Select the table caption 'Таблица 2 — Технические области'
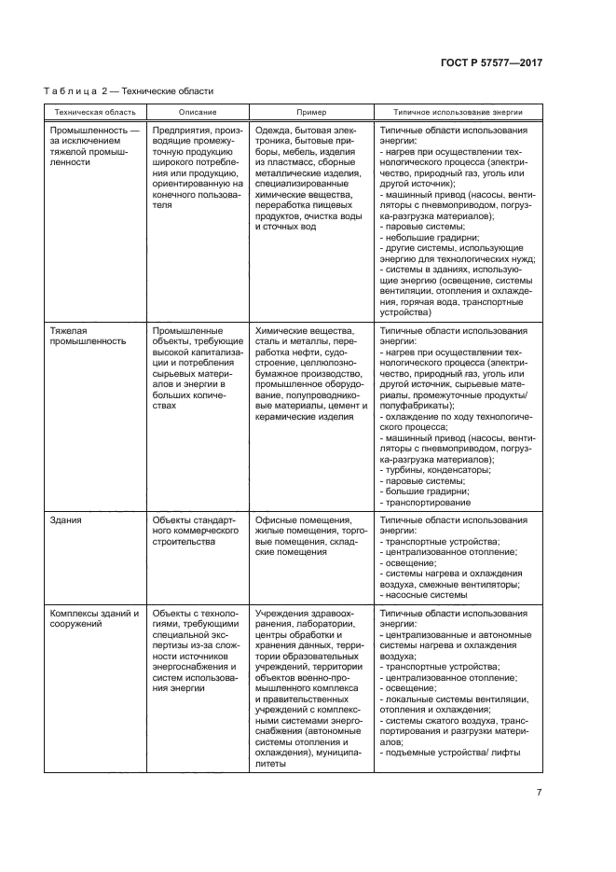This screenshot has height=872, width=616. (129, 91)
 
